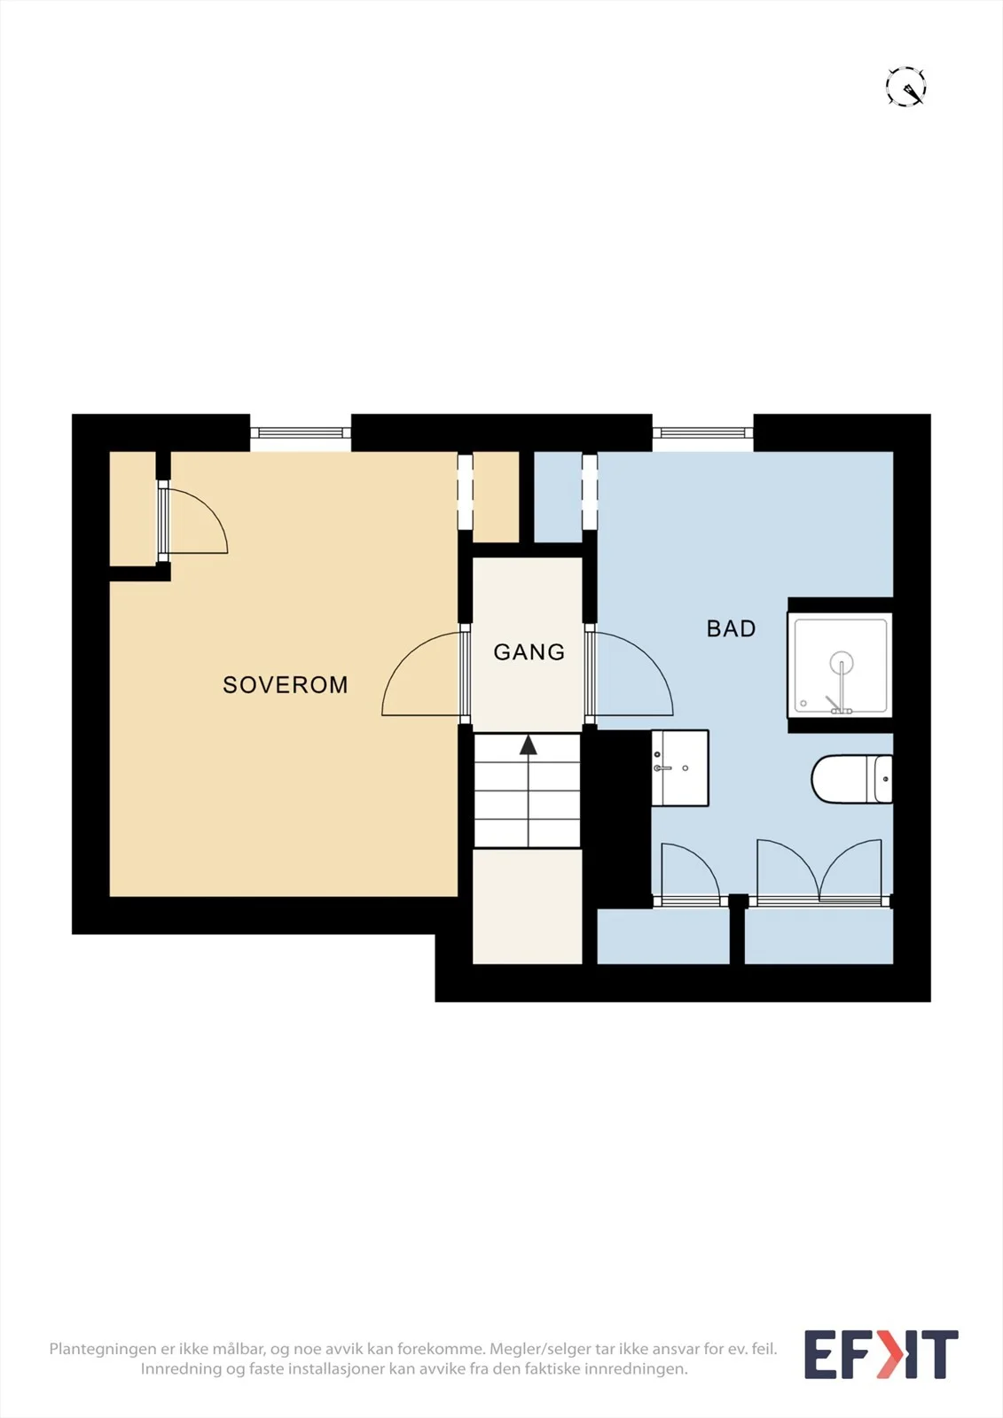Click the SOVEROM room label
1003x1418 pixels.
(x=286, y=684)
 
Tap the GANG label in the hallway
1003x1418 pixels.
(x=529, y=652)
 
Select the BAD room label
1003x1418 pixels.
(x=731, y=628)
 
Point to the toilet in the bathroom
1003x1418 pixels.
(x=851, y=779)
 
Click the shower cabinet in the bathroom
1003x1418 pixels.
(x=840, y=666)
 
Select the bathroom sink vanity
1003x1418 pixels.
(x=680, y=767)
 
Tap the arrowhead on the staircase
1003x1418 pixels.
(x=529, y=744)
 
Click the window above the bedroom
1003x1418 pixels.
(x=301, y=433)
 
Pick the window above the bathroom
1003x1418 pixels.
(x=702, y=433)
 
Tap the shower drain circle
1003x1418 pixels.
(x=841, y=662)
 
